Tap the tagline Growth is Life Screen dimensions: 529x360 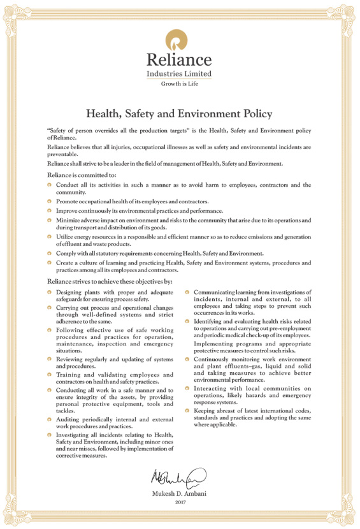[x=180, y=83]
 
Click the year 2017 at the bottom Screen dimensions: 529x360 [x=180, y=504]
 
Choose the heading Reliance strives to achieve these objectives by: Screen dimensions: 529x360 [x=109, y=281]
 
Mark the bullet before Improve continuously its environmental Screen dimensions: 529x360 [x=50, y=210]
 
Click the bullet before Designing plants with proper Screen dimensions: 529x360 [x=50, y=293]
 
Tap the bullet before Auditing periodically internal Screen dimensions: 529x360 [x=50, y=419]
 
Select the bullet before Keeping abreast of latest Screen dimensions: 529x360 [x=187, y=411]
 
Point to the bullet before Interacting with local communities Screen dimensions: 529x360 [x=187, y=388]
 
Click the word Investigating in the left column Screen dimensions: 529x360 [x=76, y=434]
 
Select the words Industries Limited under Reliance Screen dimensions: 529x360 [x=179, y=73]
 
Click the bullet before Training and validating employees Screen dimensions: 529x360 [x=50, y=374]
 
